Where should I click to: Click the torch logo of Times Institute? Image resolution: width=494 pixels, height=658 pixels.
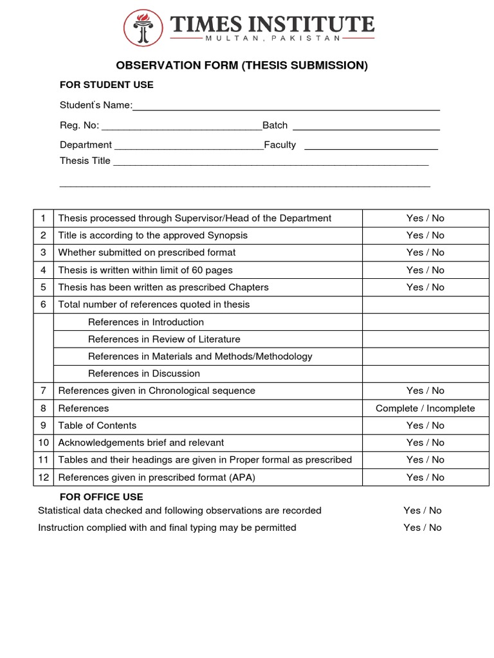tap(143, 28)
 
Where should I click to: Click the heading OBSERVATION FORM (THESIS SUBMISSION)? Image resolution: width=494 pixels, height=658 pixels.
tap(241, 66)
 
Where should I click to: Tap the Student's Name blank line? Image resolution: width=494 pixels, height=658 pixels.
tap(286, 106)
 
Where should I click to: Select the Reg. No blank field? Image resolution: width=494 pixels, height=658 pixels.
tap(181, 127)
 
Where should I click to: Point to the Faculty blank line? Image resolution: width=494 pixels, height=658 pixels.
tap(370, 146)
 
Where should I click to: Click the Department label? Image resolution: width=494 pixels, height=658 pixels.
tap(86, 145)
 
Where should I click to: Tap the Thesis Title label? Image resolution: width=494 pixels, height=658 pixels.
tap(85, 161)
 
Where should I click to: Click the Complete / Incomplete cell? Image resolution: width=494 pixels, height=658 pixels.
tap(425, 408)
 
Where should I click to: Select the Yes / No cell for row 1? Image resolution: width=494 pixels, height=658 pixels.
tap(425, 218)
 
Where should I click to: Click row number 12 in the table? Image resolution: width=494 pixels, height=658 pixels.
tap(44, 477)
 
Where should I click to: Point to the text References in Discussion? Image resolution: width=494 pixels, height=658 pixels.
tap(143, 373)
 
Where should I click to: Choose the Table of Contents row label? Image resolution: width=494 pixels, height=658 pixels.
tap(97, 425)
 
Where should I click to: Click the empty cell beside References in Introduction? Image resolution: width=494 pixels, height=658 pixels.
tap(425, 322)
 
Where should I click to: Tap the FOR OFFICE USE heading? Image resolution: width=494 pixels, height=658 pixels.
tap(101, 497)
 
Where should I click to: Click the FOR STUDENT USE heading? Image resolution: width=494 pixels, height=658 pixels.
tap(106, 85)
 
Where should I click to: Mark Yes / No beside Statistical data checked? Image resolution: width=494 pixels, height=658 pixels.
tap(423, 510)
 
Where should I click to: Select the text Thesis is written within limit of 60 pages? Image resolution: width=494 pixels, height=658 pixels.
tap(145, 270)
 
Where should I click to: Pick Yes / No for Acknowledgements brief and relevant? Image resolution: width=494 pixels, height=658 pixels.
tap(425, 443)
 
